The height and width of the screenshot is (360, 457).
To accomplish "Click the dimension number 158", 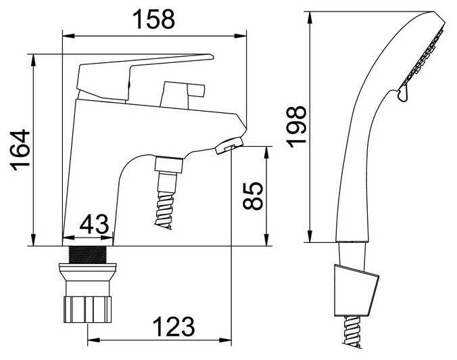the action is coord(153,19).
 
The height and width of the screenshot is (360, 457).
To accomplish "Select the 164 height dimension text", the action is coord(20,148).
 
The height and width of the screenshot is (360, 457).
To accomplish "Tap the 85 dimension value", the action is coord(253,196).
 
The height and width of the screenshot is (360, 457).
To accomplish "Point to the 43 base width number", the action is coord(94,224).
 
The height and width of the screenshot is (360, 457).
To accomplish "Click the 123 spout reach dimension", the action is coord(174,326).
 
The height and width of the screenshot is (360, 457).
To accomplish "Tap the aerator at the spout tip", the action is coord(229,145).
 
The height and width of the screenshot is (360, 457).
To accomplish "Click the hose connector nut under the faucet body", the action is coord(169,164).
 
